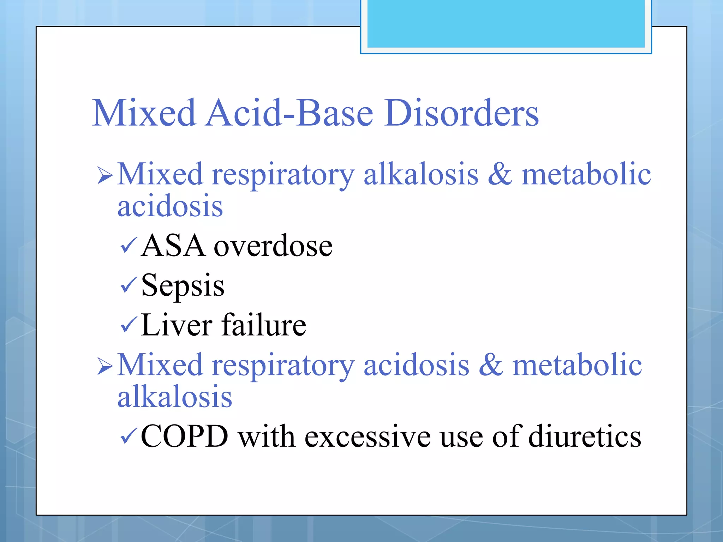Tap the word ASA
click(x=173, y=246)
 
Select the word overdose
click(x=273, y=246)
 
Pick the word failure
click(x=264, y=325)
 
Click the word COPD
click(x=184, y=436)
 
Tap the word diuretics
click(x=585, y=436)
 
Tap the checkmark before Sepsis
click(x=128, y=285)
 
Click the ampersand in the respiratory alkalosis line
click(x=500, y=175)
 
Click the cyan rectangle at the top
click(x=506, y=24)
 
